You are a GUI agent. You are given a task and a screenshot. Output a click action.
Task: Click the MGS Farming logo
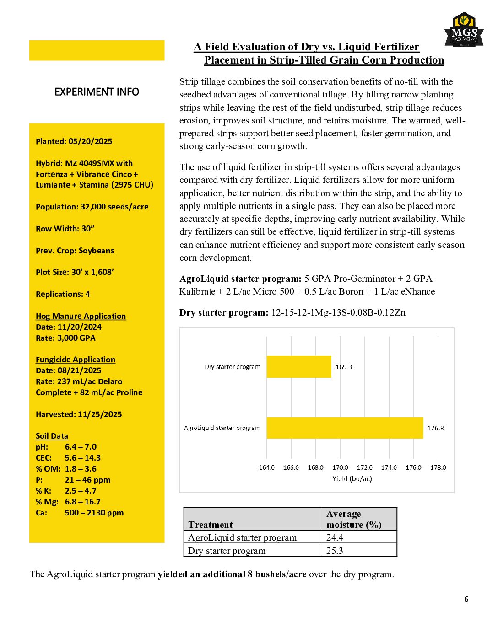[464, 30]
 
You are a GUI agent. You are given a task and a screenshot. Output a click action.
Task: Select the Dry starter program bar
[298, 367]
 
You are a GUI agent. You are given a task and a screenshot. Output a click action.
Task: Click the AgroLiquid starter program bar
[345, 428]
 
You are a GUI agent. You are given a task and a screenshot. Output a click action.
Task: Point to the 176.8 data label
[435, 428]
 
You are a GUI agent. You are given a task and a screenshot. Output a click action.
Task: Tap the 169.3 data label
[344, 367]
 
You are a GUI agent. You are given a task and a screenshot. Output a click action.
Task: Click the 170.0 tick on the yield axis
[340, 467]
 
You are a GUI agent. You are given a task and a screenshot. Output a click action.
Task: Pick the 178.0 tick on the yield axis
[438, 467]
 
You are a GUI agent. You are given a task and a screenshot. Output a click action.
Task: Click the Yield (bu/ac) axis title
[352, 479]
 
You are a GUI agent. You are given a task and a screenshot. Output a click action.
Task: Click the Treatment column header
[211, 525]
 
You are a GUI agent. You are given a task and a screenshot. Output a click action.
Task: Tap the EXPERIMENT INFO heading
[97, 92]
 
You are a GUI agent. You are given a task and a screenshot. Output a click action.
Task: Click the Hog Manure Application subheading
[81, 316]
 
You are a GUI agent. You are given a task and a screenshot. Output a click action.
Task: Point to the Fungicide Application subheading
[76, 360]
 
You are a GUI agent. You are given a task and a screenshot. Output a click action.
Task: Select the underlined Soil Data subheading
[52, 436]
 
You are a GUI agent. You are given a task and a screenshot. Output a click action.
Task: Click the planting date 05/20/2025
[90, 141]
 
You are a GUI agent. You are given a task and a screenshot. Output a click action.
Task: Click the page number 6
[466, 599]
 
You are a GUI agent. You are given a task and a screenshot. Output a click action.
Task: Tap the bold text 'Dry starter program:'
[224, 313]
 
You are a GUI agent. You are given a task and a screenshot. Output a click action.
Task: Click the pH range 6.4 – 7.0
[81, 447]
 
